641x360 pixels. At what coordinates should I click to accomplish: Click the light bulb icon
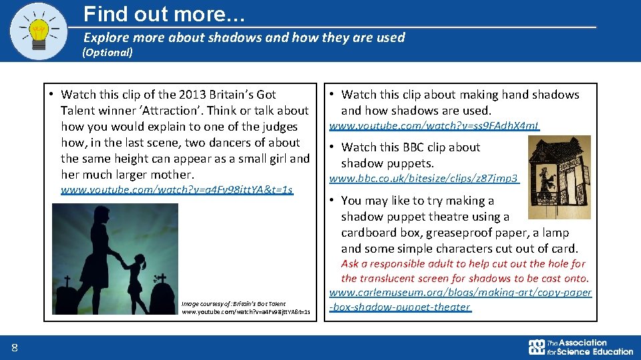39,31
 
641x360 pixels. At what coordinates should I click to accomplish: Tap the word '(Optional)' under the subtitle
108,52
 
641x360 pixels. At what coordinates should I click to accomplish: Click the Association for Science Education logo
580,347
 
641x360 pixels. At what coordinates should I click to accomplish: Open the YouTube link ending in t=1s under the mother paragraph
176,190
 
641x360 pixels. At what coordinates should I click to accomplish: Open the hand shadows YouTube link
434,125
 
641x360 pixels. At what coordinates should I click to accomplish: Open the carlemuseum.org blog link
460,299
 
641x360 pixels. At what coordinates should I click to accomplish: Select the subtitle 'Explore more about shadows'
244,37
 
